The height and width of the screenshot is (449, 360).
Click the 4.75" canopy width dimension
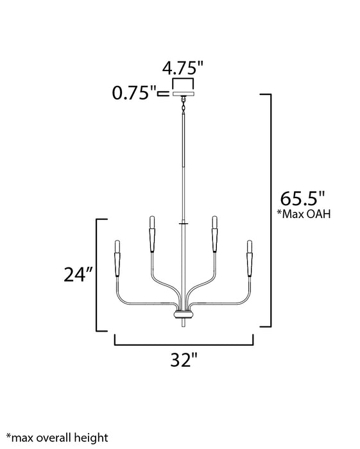tap(183, 69)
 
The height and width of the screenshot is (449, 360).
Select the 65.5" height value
tap(303, 198)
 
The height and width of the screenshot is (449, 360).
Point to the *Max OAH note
tap(304, 214)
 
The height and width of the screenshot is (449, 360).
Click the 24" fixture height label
tap(78, 275)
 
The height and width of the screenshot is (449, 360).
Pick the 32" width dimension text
tap(184, 360)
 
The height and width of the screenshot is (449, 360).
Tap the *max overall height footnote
tap(57, 438)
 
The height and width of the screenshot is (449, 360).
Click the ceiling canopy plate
tap(184, 94)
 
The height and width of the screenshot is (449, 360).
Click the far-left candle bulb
tap(117, 246)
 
